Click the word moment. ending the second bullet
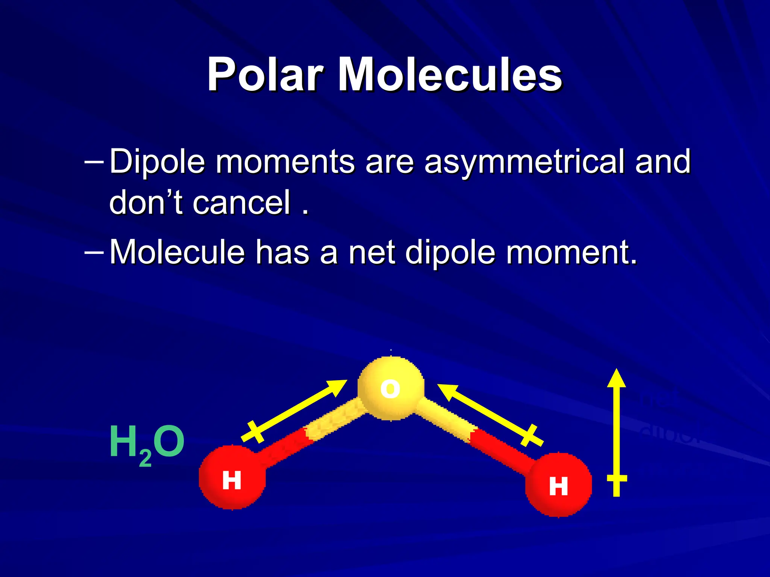coord(571,252)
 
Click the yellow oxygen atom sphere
coord(391,388)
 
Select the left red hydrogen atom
coord(232,477)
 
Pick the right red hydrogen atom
coord(558,485)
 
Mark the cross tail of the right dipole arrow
coord(530,435)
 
